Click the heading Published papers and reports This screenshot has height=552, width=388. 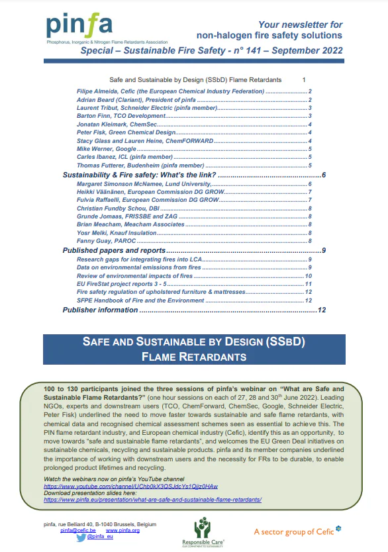tap(113, 251)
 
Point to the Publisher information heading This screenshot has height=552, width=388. tap(100, 309)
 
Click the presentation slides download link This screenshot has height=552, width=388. tap(153, 501)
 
